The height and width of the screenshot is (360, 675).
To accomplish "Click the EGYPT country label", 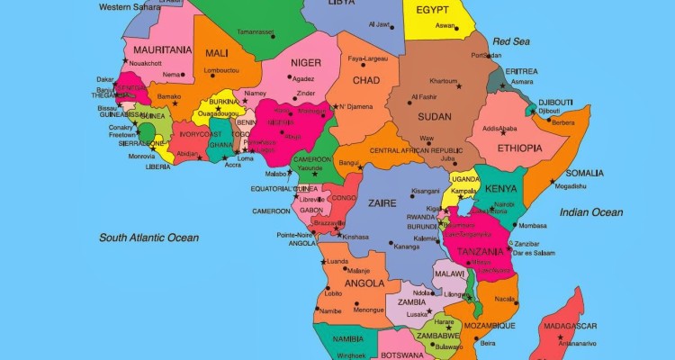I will [433, 10].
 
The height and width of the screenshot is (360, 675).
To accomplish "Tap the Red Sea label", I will [511, 41].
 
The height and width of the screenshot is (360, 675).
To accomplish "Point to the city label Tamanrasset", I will [255, 31].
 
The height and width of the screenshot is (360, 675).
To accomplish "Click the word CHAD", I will [365, 81].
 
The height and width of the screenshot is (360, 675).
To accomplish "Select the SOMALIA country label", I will [584, 173].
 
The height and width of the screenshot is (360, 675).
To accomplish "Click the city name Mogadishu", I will [570, 186].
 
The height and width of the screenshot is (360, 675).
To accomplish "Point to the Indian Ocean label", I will [590, 212].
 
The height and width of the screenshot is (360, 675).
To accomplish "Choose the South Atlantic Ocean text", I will [149, 238].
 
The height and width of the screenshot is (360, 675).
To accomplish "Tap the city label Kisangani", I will [425, 191].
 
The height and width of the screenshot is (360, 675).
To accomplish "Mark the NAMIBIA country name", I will [347, 338].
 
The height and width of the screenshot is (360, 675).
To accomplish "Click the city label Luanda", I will [337, 262].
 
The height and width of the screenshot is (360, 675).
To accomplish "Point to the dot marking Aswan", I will [456, 27].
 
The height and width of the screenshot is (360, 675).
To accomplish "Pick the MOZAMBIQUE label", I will [490, 325].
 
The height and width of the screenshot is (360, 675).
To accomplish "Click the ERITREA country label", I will [521, 71].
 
